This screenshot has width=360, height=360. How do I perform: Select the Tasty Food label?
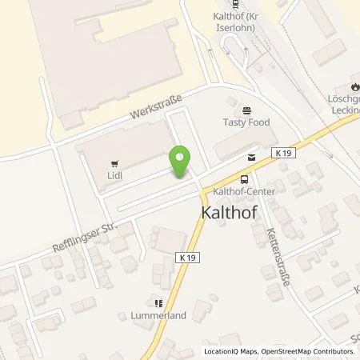(x=246, y=122)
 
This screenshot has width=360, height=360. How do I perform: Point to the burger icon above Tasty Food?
(x=246, y=110)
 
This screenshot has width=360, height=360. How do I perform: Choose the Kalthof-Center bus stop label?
(x=240, y=192)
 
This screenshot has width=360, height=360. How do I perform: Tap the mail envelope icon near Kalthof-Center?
(x=253, y=158)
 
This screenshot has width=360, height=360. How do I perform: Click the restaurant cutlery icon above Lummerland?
(x=158, y=303)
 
